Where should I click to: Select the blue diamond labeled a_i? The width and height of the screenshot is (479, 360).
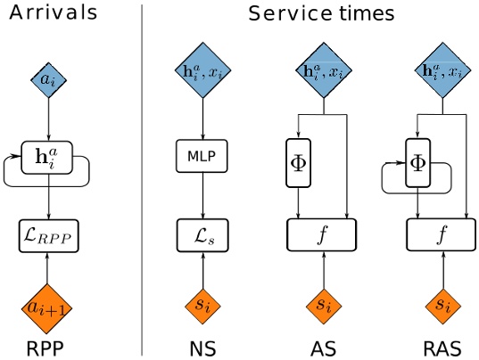click(x=48, y=80)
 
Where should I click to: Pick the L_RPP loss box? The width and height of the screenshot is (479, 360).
click(x=48, y=235)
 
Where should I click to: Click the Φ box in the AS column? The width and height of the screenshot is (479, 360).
click(x=298, y=162)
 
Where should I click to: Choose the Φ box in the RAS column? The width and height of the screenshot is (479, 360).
click(x=417, y=162)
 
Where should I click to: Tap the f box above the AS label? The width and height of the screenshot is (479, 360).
click(x=321, y=235)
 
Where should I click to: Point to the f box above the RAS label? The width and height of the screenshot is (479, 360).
click(x=441, y=235)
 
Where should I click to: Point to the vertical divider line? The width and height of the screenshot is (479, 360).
click(x=142, y=178)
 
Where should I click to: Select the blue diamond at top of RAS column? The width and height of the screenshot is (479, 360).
click(x=441, y=70)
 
